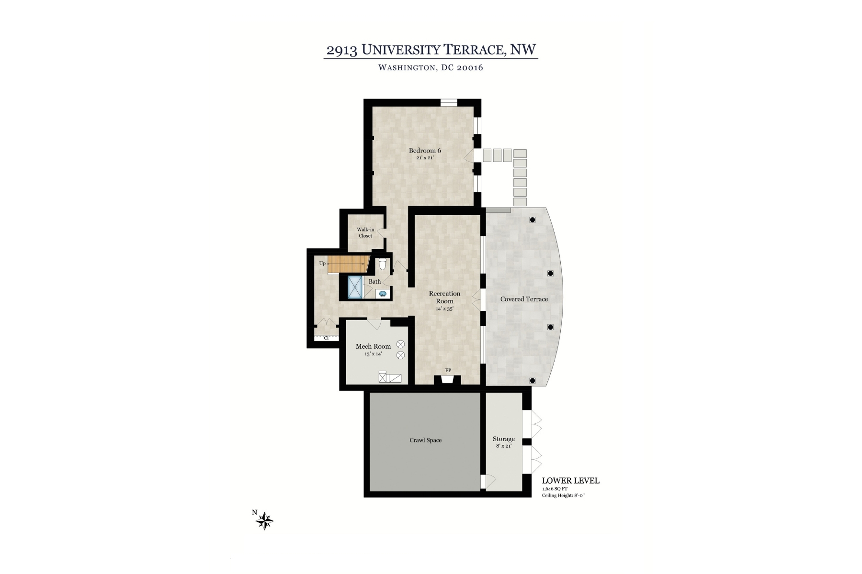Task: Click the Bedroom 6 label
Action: click(425, 151)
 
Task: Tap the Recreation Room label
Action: click(444, 298)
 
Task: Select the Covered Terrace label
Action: click(524, 299)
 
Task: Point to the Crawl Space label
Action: click(425, 440)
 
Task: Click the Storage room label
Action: click(503, 439)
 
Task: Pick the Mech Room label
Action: click(373, 346)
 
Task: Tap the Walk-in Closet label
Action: click(365, 232)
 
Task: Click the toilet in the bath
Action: click(383, 264)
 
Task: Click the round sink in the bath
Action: click(383, 294)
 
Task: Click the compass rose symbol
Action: click(265, 520)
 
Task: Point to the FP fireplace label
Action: click(448, 370)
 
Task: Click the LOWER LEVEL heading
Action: click(570, 481)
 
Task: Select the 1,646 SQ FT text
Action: click(555, 489)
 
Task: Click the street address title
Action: click(431, 50)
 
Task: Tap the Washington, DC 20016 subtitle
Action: click(431, 67)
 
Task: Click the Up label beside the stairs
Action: click(322, 263)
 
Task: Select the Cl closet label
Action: click(326, 338)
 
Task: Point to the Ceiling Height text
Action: click(563, 496)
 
